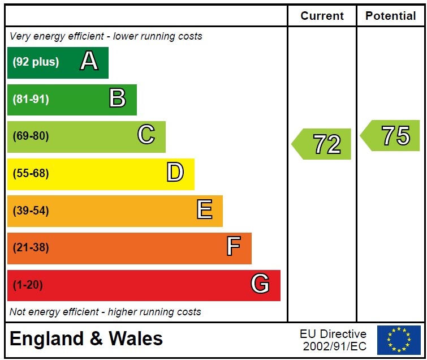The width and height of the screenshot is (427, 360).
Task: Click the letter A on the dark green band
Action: click(x=89, y=61)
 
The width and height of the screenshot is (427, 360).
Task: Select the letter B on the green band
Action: click(x=117, y=98)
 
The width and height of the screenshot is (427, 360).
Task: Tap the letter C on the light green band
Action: click(x=146, y=135)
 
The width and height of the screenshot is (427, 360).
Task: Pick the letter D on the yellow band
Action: click(x=175, y=173)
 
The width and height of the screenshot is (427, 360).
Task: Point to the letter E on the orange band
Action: click(x=204, y=210)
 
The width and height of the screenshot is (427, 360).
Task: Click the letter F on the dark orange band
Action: click(x=233, y=247)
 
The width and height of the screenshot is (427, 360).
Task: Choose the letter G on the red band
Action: click(x=260, y=284)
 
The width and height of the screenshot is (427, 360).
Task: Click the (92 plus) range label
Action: click(x=36, y=62)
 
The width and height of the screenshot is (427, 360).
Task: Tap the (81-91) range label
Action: click(x=31, y=99)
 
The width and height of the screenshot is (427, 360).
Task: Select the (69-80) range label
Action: click(x=31, y=136)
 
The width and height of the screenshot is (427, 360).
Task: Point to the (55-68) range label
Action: click(x=31, y=173)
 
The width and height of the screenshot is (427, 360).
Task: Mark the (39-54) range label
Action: click(x=31, y=211)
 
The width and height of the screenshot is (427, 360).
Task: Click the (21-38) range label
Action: click(x=31, y=247)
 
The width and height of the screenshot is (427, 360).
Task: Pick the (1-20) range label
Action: click(x=28, y=285)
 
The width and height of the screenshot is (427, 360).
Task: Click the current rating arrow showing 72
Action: click(x=322, y=144)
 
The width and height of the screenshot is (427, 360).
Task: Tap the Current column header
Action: click(x=322, y=16)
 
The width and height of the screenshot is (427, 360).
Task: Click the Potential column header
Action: click(x=391, y=16)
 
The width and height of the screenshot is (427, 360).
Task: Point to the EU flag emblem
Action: click(x=399, y=340)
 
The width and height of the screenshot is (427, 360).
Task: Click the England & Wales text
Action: click(x=86, y=339)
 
